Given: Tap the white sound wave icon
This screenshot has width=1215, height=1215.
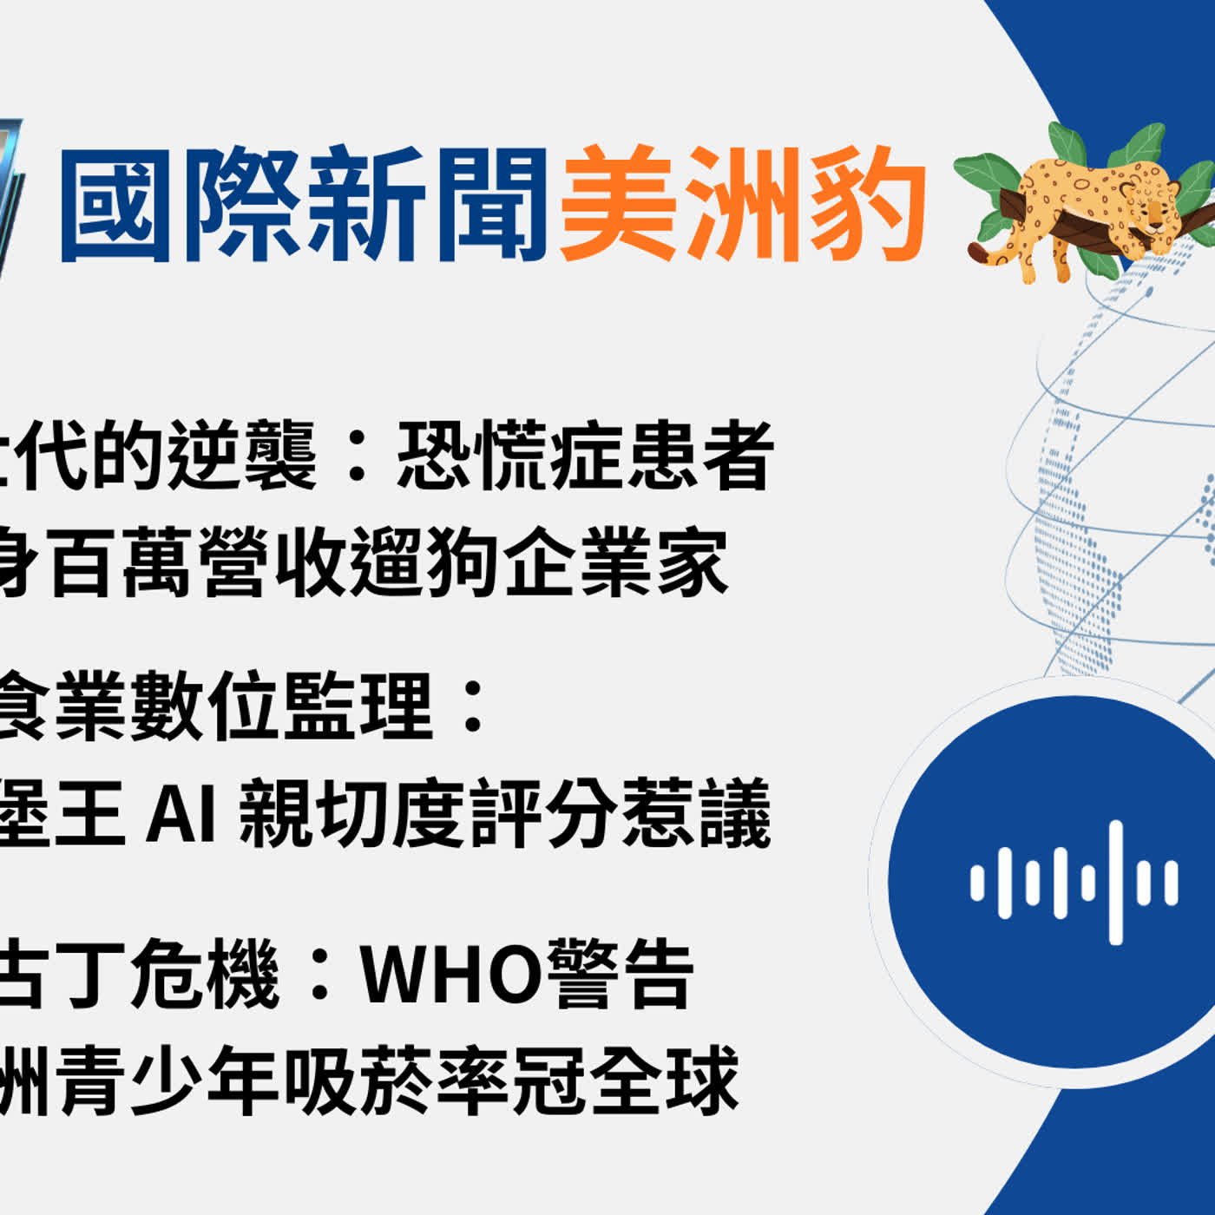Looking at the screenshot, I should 1074,882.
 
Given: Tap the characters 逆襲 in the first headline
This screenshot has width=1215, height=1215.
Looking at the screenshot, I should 243,456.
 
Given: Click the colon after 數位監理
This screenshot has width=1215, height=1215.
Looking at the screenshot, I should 474,706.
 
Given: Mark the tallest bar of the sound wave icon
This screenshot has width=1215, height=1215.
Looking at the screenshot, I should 1116,882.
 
